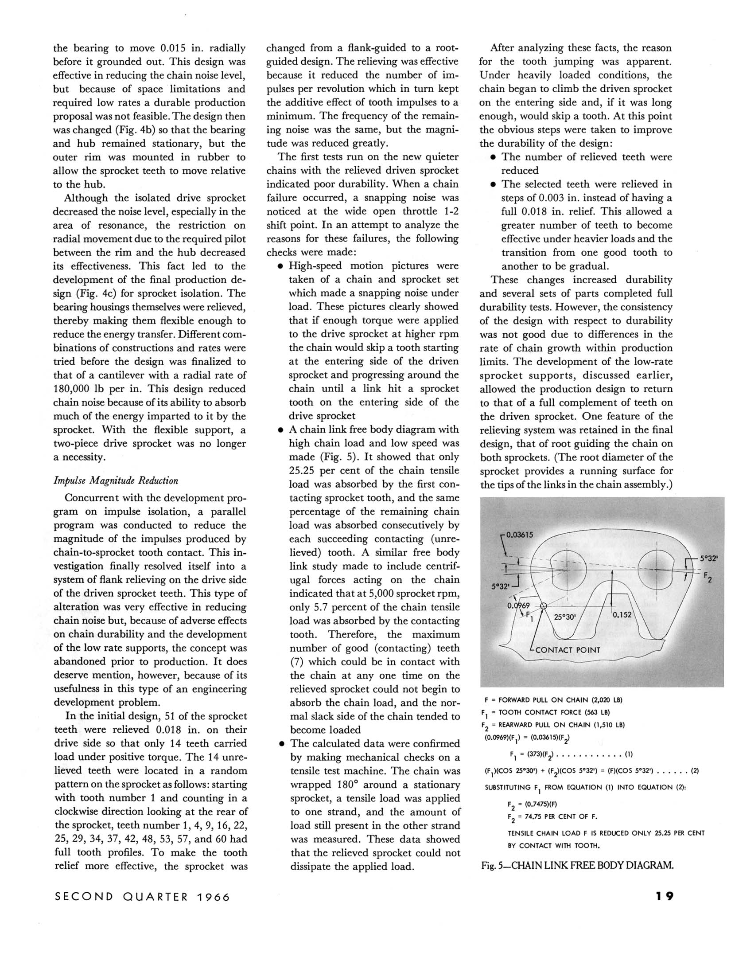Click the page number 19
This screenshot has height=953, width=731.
(x=665, y=896)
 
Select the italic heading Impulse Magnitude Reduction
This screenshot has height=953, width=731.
(x=116, y=480)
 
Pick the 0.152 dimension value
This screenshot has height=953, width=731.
(x=622, y=614)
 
